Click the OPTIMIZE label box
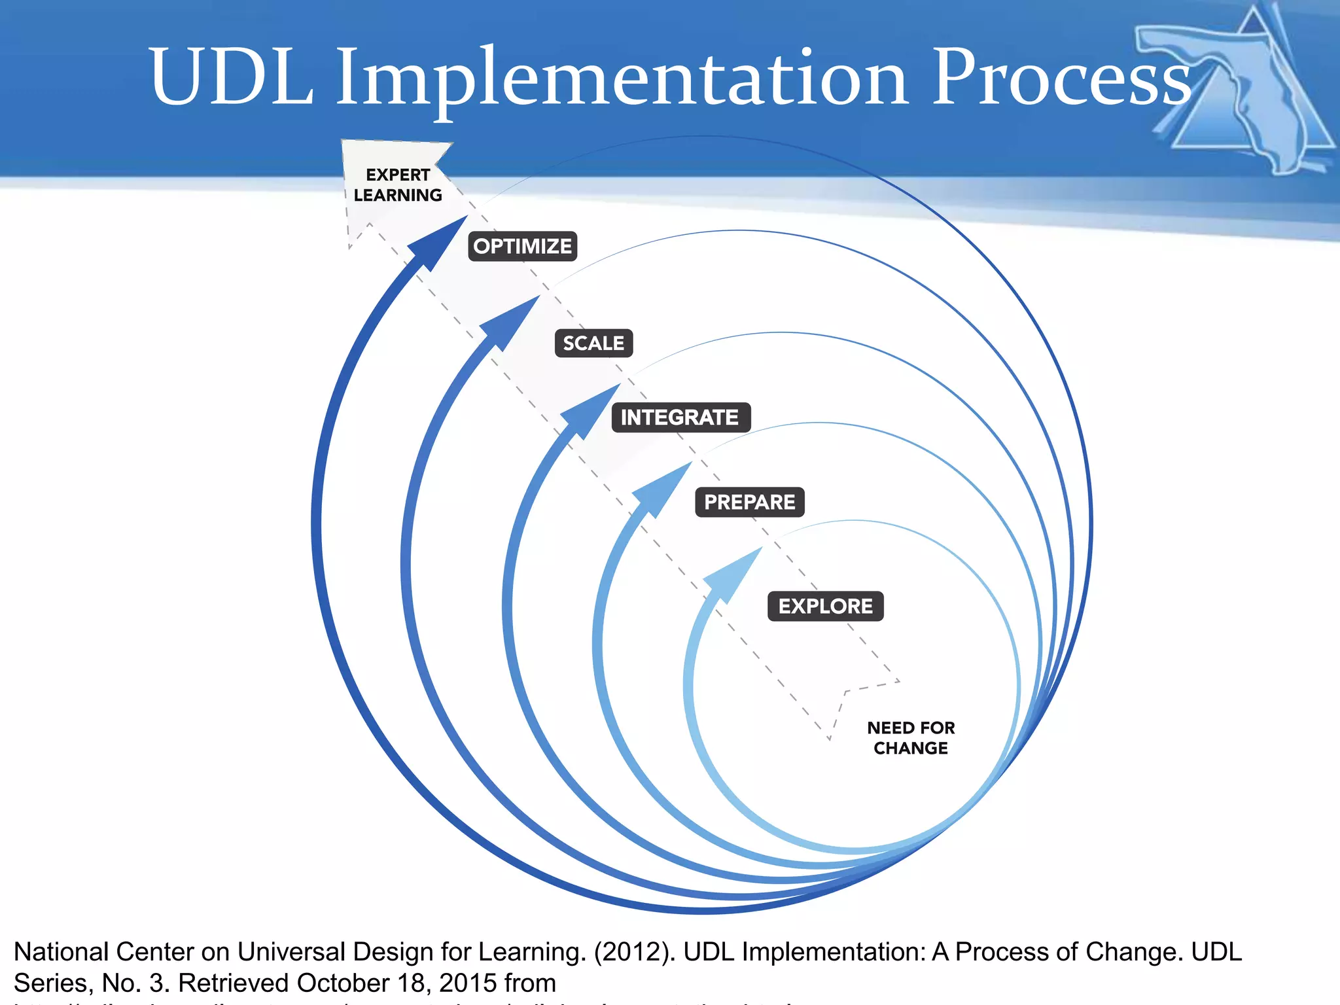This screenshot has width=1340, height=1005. point(522,246)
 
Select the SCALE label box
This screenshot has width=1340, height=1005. point(593,343)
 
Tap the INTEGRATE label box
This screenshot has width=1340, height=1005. point(680,417)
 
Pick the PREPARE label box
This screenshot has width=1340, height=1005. point(749,502)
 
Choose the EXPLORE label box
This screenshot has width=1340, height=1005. point(825,606)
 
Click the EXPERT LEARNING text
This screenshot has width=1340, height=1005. point(398,185)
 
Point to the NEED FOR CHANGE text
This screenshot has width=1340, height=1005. point(910,738)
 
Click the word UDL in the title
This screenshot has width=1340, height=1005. point(230,77)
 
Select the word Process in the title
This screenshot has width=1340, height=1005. point(1060,77)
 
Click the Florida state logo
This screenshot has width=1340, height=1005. point(1237,92)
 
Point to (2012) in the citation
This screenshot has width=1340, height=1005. point(634,952)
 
